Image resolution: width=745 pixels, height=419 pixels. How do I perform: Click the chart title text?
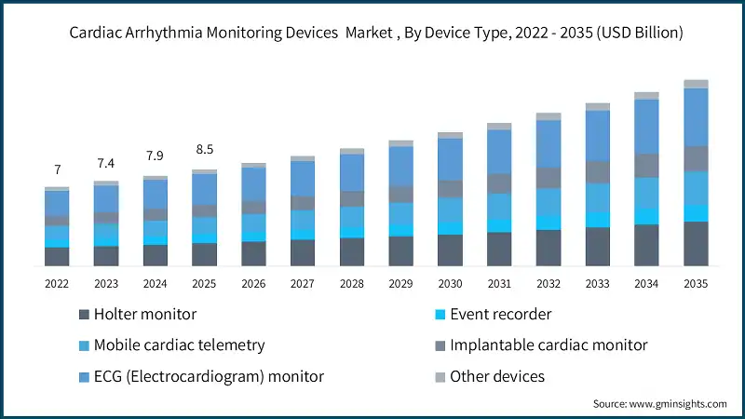pyautogui.click(x=372, y=33)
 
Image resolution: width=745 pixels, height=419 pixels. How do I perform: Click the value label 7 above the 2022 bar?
pyautogui.click(x=58, y=169)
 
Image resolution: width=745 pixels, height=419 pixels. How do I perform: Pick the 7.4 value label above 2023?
pyautogui.click(x=106, y=163)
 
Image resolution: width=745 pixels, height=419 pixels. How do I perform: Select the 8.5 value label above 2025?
pyautogui.click(x=205, y=149)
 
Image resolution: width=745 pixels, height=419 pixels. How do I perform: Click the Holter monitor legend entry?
pyautogui.click(x=137, y=315)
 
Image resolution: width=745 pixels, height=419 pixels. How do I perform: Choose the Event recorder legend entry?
pyautogui.click(x=500, y=315)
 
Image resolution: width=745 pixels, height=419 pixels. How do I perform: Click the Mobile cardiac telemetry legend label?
pyautogui.click(x=171, y=345)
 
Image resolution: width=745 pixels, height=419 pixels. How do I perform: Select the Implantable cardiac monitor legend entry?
pyautogui.click(x=548, y=345)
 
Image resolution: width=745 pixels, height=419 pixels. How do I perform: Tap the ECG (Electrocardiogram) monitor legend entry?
pyautogui.click(x=201, y=376)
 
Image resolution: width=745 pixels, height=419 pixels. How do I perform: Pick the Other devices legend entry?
pyautogui.click(x=496, y=376)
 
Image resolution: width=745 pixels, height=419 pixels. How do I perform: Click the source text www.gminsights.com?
pyautogui.click(x=659, y=403)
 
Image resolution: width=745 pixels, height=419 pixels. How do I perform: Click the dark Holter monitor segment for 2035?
pyautogui.click(x=696, y=244)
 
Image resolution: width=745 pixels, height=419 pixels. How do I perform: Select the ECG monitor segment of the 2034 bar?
pyautogui.click(x=646, y=126)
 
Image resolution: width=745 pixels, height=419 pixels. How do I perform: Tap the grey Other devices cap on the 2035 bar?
pyautogui.click(x=696, y=84)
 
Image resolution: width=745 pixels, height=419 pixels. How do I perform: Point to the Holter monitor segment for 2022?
pyautogui.click(x=58, y=257)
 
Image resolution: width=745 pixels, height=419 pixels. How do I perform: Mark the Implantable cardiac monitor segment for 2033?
pyautogui.click(x=597, y=171)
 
